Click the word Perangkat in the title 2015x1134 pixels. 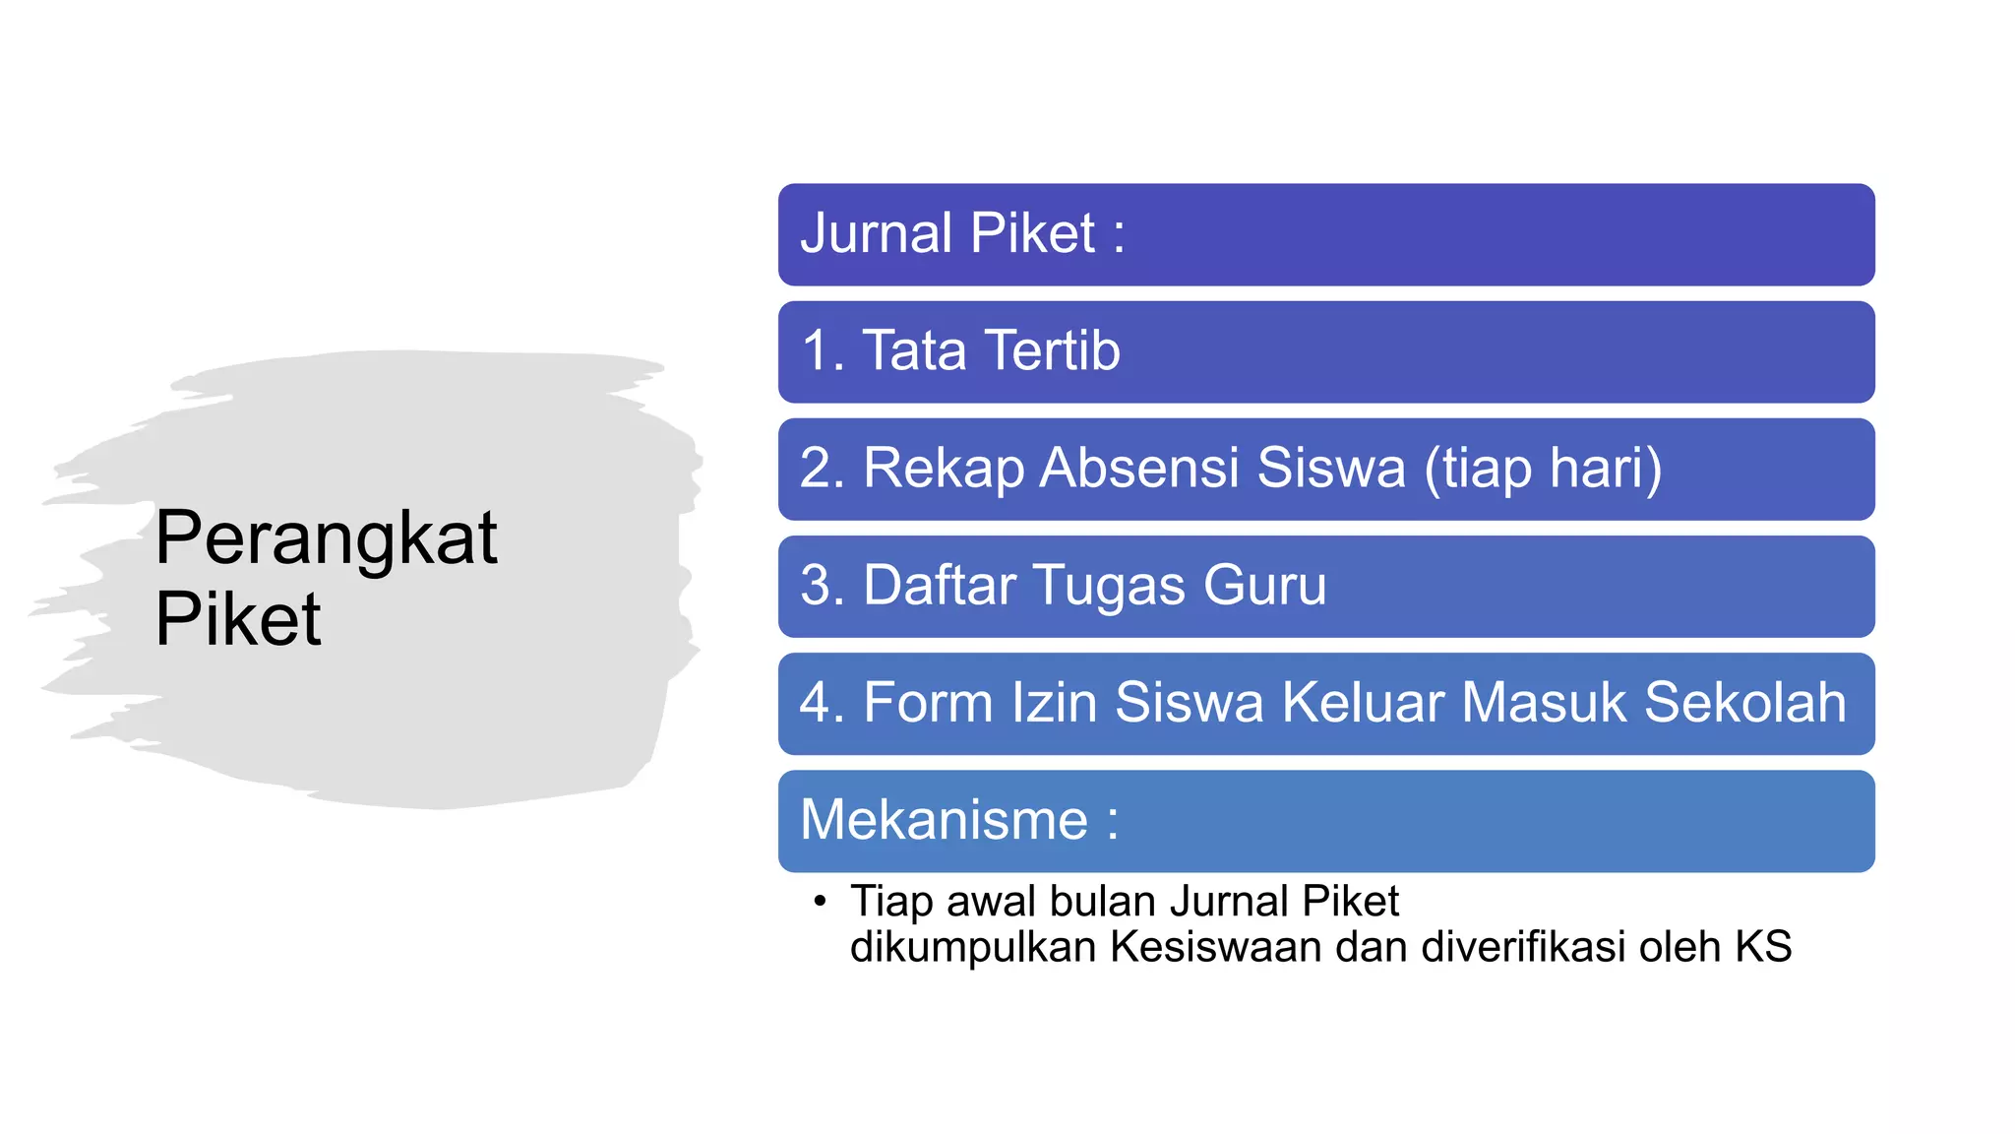[326, 538]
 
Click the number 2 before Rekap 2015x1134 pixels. [817, 469]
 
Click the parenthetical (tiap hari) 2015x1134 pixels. [1543, 469]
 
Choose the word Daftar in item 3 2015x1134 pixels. [939, 586]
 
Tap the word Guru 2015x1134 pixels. [1265, 586]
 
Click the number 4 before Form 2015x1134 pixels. [817, 703]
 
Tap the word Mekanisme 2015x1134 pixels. [944, 820]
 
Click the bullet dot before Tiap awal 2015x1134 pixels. [820, 901]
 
